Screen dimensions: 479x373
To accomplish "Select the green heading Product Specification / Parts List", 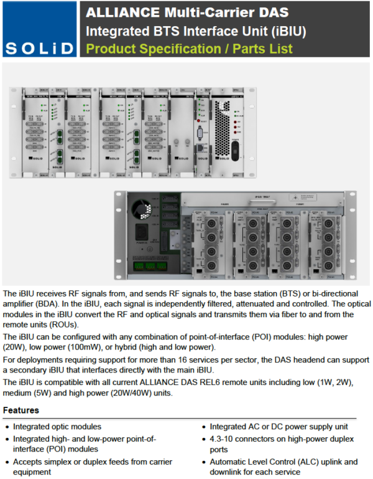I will click(x=189, y=49).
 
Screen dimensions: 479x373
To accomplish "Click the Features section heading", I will click(x=21, y=410).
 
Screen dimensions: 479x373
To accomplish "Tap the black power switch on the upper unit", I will click(x=234, y=149).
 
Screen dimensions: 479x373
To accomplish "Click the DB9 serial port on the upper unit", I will click(x=200, y=134).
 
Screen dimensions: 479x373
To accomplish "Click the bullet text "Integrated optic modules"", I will click(x=57, y=427).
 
